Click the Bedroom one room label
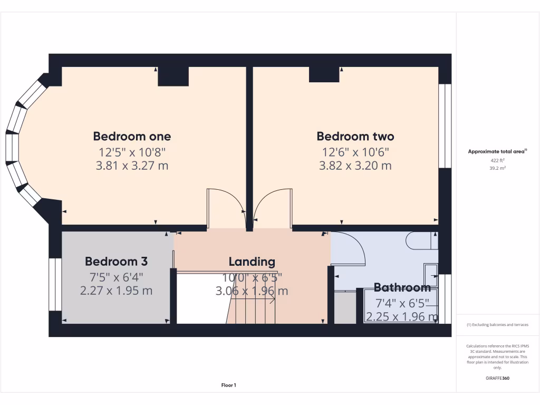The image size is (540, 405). point(132,136)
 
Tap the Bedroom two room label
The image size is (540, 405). point(355,136)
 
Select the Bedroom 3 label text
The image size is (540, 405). point(116,261)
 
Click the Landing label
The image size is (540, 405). point(252,261)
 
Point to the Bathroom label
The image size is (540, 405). point(402,287)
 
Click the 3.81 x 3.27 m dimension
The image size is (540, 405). point(132,166)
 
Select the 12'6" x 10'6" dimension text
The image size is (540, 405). point(355,152)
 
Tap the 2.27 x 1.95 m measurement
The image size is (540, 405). point(116,290)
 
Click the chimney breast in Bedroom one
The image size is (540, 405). point(173,76)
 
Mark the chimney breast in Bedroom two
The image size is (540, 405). point(324,74)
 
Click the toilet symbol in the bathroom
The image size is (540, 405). point(422,240)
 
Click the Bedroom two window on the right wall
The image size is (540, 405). point(445,126)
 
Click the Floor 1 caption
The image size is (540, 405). point(228,385)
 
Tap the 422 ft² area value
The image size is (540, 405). point(497,160)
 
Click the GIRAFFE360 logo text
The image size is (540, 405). point(497,378)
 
